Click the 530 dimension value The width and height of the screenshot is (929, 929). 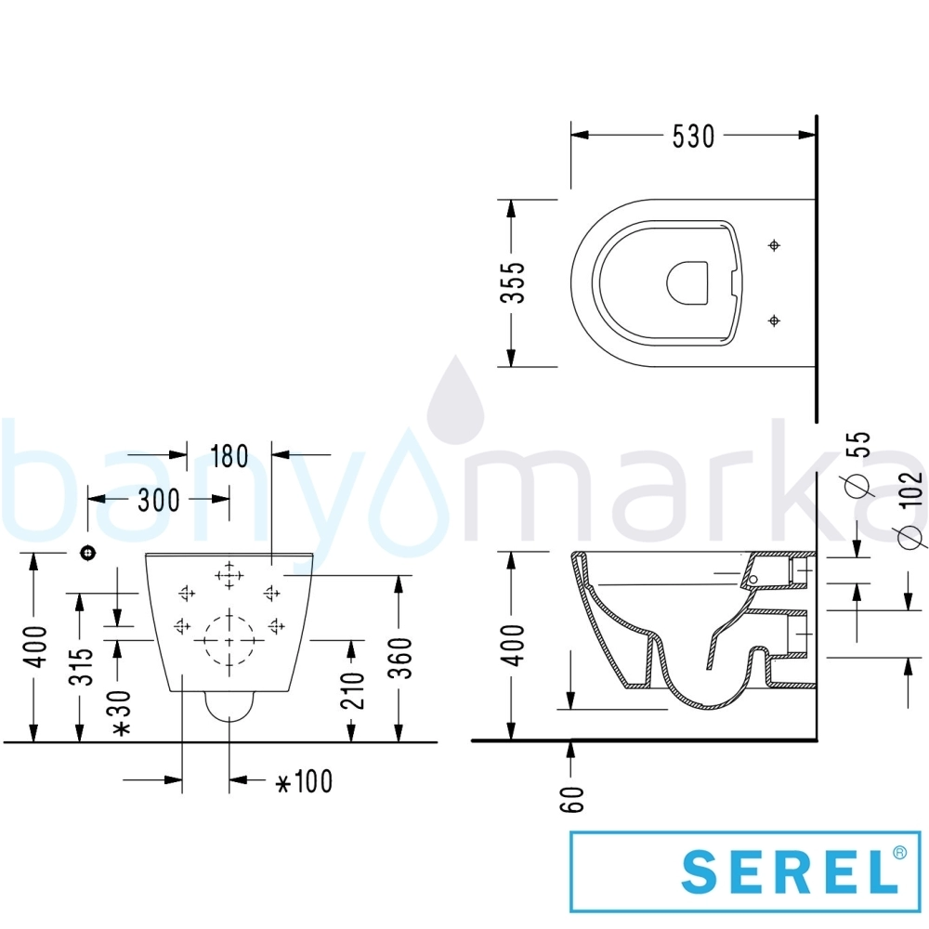coord(693,137)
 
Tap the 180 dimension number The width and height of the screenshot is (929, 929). coord(229,456)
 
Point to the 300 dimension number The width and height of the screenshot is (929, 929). coord(159,501)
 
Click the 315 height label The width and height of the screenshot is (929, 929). coord(82,666)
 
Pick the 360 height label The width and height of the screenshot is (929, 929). coord(401,658)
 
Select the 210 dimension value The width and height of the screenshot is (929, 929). coord(352,690)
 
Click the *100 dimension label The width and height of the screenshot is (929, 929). coord(305,781)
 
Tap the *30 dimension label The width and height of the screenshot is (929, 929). coord(122,713)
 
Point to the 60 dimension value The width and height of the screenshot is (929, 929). coord(572,799)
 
